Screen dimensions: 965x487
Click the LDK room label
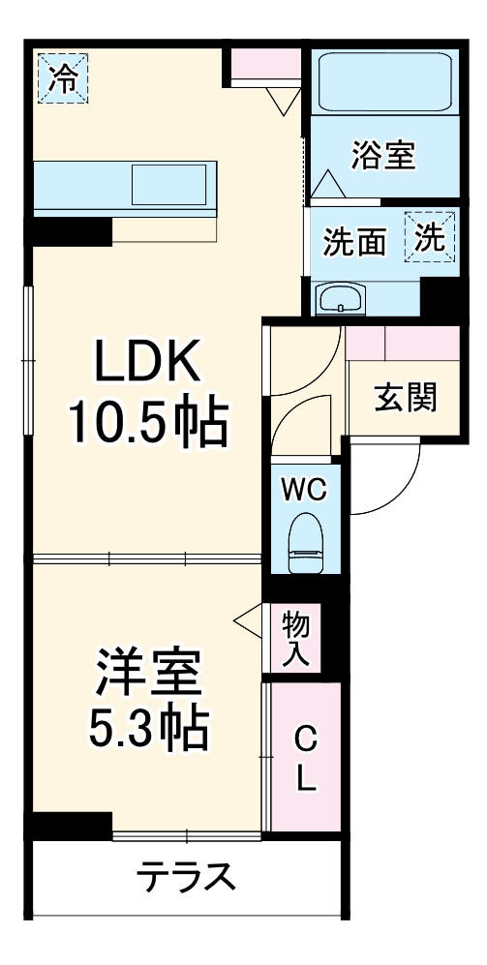(146, 365)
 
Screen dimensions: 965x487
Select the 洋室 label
(147, 673)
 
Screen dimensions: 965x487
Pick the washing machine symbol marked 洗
(430, 238)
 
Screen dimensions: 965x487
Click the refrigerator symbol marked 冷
(61, 78)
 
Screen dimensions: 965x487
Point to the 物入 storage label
(295, 639)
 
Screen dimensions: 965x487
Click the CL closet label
(305, 760)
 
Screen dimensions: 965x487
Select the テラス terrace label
(187, 878)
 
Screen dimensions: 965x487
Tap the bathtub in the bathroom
(383, 85)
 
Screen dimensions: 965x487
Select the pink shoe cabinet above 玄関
(402, 343)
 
